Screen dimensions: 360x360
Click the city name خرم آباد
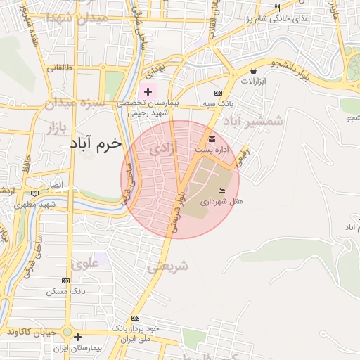pyautogui.click(x=96, y=143)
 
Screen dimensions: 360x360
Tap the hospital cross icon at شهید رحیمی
pyautogui.click(x=148, y=92)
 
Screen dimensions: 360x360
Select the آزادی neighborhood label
pyautogui.click(x=163, y=149)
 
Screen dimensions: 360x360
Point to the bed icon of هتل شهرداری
pyautogui.click(x=223, y=191)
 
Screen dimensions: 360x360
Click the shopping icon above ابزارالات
pyautogui.click(x=253, y=70)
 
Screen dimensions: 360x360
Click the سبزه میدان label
pyautogui.click(x=75, y=103)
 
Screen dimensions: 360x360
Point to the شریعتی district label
pyautogui.click(x=169, y=266)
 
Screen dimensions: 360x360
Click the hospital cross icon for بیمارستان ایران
pyautogui.click(x=77, y=337)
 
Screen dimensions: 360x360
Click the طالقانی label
pyautogui.click(x=60, y=68)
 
